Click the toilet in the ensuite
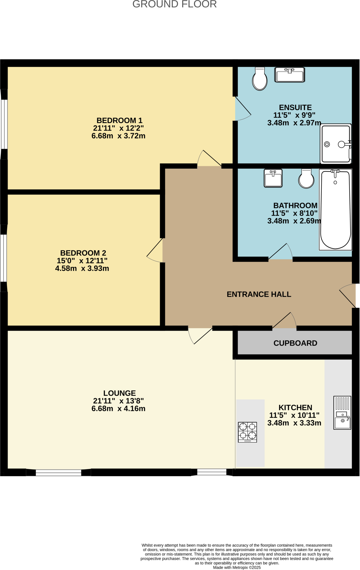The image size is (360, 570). click(260, 79)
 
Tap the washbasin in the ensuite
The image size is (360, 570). click(290, 75)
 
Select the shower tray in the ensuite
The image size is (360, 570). click(336, 144)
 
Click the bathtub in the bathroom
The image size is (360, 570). click(335, 210)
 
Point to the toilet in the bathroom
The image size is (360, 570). click(306, 179)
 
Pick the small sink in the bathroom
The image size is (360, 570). click(273, 178)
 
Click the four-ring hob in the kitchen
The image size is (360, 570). click(247, 432)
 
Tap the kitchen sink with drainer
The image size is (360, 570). click(342, 413)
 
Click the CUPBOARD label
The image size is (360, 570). click(295, 343)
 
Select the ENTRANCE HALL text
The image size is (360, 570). click(259, 294)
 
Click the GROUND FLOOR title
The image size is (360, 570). click(174, 4)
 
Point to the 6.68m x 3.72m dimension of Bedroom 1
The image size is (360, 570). click(119, 136)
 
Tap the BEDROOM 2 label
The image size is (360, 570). click(83, 253)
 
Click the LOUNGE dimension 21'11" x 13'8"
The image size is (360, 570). click(119, 401)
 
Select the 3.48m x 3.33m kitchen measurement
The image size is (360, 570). click(294, 423)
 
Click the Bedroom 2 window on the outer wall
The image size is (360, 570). click(3, 258)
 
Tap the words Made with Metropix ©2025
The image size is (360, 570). click(237, 567)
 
